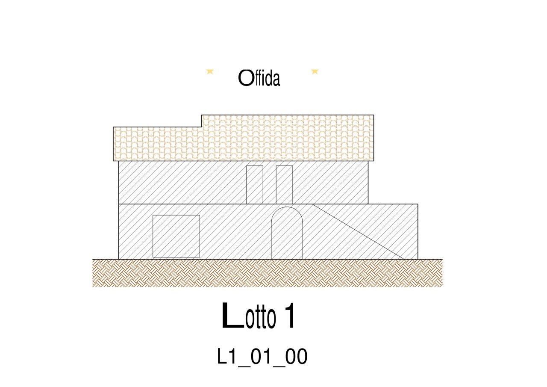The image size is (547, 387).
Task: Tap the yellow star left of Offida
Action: click(209, 71)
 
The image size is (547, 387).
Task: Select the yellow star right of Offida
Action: click(315, 71)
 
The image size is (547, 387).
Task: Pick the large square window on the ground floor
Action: click(176, 236)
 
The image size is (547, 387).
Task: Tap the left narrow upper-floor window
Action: click(254, 184)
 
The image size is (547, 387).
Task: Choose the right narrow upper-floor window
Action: click(284, 184)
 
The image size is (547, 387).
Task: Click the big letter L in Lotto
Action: click(232, 316)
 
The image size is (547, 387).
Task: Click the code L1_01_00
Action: click(262, 357)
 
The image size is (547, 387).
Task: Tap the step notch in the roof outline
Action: click(201, 121)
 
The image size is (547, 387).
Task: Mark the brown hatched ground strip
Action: click(267, 273)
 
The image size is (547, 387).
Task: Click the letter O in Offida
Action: click(245, 78)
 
